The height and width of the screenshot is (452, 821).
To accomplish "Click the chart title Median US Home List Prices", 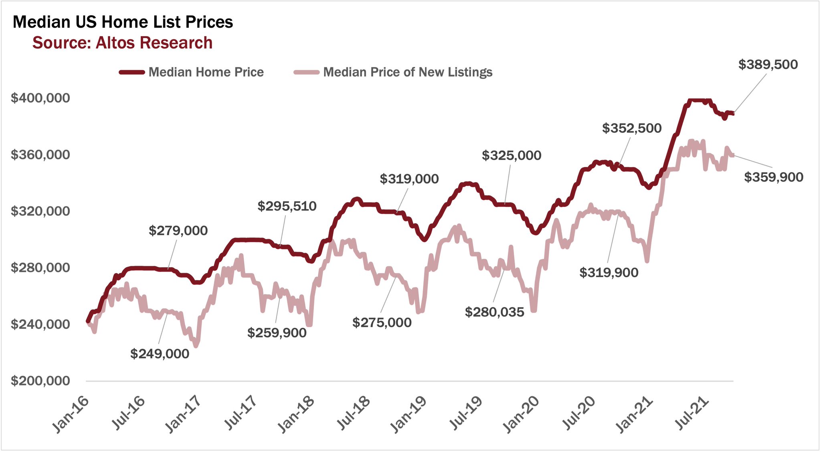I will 123,22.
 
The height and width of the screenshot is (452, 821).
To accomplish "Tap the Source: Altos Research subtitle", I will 122,43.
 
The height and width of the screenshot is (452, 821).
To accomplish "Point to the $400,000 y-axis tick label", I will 40,98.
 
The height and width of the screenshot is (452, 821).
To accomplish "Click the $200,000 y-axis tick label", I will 40,381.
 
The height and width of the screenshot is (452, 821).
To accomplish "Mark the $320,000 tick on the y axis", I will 40,211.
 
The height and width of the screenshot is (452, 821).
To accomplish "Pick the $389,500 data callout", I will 768,65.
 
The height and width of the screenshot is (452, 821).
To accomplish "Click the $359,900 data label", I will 774,177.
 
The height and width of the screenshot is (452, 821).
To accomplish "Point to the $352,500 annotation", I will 632,128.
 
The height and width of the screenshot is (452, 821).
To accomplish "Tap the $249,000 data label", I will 160,354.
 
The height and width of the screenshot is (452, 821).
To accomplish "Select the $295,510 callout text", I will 287,206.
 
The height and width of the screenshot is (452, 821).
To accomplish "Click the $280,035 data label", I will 494,312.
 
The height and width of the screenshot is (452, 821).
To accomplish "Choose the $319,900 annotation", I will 609,273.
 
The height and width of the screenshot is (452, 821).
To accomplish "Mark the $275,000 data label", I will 382,322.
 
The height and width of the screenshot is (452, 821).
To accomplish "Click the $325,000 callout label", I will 512,156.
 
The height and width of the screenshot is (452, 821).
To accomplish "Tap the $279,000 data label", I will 178,231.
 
